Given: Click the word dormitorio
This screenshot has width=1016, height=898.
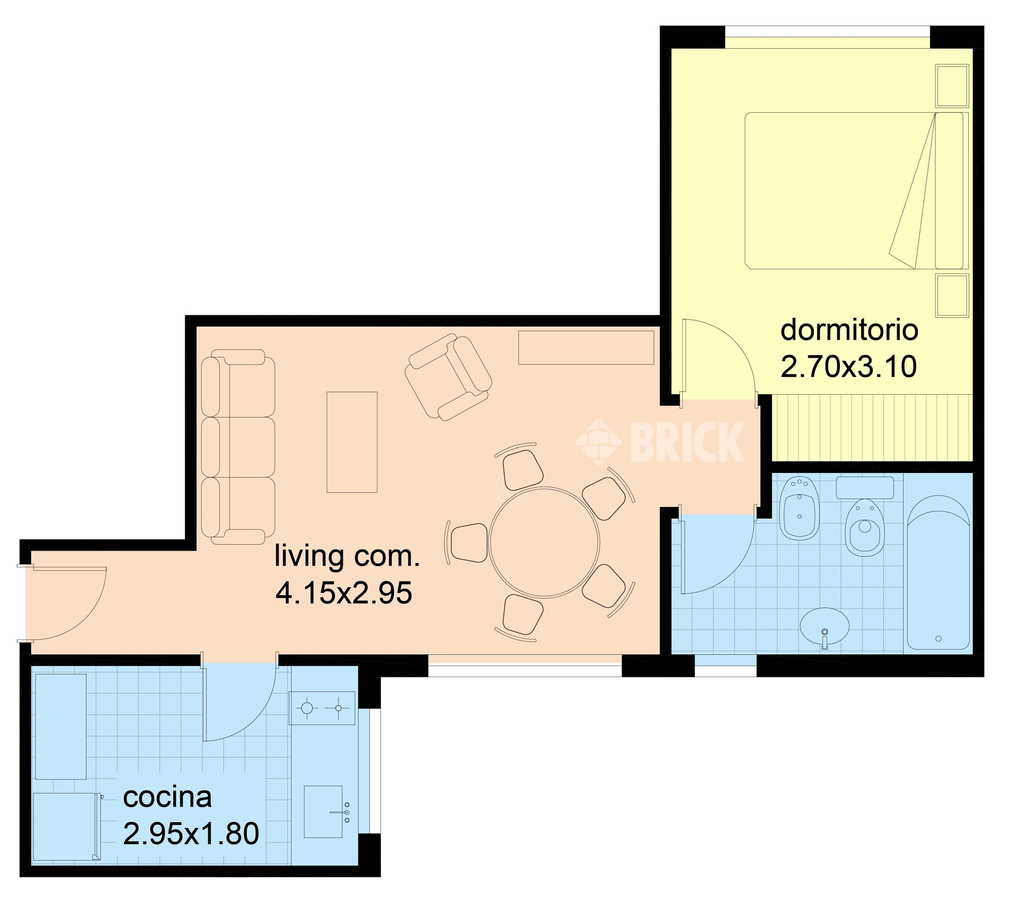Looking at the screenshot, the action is (849, 330).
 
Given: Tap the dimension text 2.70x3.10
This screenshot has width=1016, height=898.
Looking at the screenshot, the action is (849, 367).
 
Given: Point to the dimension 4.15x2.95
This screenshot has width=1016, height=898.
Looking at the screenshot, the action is (344, 593).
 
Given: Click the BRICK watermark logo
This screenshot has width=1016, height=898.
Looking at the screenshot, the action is (660, 442).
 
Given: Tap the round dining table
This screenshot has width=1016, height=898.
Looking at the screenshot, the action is (544, 542).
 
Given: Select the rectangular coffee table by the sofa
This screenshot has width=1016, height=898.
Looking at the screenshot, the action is (352, 442).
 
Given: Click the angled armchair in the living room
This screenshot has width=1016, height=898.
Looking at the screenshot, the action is (448, 376).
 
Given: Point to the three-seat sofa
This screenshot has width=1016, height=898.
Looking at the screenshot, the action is (238, 447).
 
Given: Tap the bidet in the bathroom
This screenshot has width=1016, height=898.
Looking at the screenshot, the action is (800, 509).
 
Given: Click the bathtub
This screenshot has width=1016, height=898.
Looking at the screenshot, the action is (939, 572).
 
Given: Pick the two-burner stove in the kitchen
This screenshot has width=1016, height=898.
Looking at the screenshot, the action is (323, 707).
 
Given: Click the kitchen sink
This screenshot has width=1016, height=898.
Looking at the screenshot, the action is (325, 812).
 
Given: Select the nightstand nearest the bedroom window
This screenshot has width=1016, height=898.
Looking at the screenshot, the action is (952, 86).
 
